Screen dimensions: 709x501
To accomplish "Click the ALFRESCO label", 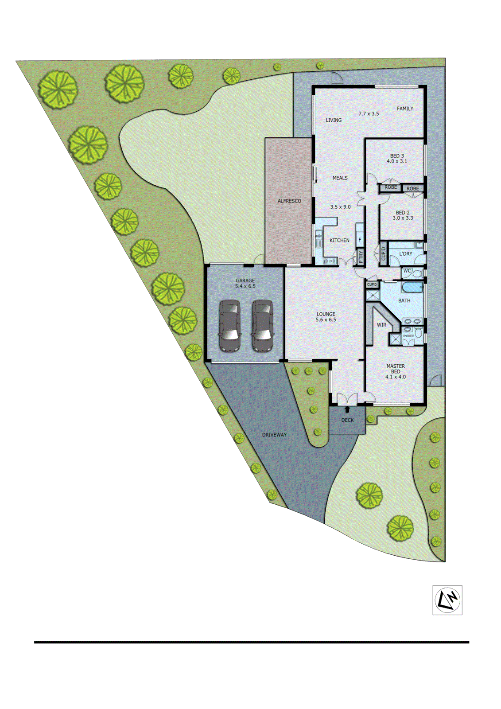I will point(289,201).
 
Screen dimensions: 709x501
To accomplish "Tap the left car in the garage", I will point(230,326).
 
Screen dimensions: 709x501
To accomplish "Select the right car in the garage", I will point(262,326).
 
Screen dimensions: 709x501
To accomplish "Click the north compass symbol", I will point(447,600).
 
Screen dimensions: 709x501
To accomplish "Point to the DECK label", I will point(347,420).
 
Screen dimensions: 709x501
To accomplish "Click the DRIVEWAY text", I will point(274,435).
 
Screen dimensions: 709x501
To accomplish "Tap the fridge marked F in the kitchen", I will point(360,240).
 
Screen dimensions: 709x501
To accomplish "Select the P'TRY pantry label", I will point(361,257).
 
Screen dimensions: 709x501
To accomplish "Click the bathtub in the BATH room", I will point(412,288).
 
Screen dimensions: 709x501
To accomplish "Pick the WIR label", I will point(381,325).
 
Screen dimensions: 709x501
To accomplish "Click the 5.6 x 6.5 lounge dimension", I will point(326,320).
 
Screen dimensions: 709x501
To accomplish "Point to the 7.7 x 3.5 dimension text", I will point(369,114).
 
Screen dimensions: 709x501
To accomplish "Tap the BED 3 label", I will point(397,156).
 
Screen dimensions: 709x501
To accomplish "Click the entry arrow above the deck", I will point(347,409).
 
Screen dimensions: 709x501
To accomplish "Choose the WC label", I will point(407,271).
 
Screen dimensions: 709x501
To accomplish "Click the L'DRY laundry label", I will point(406,254).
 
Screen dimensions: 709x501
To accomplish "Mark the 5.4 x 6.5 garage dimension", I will point(245,286).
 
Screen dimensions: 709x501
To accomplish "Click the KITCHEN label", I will point(339,240).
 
